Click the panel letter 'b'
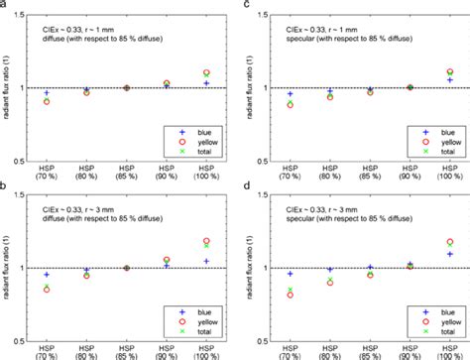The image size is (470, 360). (4, 187)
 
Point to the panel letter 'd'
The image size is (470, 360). (242, 187)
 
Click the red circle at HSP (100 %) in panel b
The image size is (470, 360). (178, 241)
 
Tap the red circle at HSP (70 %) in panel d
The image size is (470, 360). (262, 295)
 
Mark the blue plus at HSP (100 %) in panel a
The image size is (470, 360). (178, 83)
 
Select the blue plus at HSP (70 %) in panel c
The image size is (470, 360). (262, 94)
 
